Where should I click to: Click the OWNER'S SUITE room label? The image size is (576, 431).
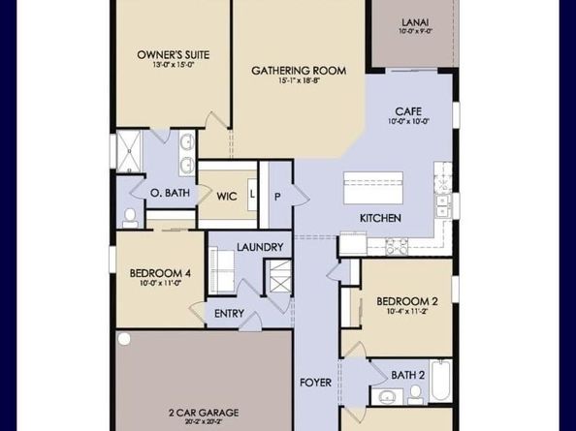(x=174, y=55)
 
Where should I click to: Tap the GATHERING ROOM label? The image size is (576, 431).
(x=299, y=71)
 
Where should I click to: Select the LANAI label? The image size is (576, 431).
(x=415, y=22)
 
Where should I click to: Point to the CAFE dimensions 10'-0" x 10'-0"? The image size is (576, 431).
(x=408, y=121)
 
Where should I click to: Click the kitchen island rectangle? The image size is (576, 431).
(x=373, y=188)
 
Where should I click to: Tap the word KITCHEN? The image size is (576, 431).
(x=380, y=218)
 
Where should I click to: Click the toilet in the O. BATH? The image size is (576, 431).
(x=130, y=218)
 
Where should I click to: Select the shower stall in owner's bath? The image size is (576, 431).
(x=129, y=151)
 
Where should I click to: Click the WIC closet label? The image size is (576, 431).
(x=227, y=197)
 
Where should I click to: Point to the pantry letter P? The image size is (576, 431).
(x=277, y=197)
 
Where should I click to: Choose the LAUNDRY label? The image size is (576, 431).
(x=260, y=247)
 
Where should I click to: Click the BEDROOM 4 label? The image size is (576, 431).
(x=160, y=273)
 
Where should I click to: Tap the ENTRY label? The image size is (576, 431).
(x=229, y=314)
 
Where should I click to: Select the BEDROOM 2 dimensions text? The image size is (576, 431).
(x=407, y=312)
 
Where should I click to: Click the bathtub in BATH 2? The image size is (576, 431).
(x=440, y=381)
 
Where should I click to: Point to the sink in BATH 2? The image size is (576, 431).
(x=387, y=396)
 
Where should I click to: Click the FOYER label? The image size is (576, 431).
(x=315, y=383)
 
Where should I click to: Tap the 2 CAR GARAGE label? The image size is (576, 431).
(x=204, y=413)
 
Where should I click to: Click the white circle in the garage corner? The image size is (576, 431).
(x=124, y=339)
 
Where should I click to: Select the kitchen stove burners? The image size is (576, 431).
(x=397, y=247)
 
